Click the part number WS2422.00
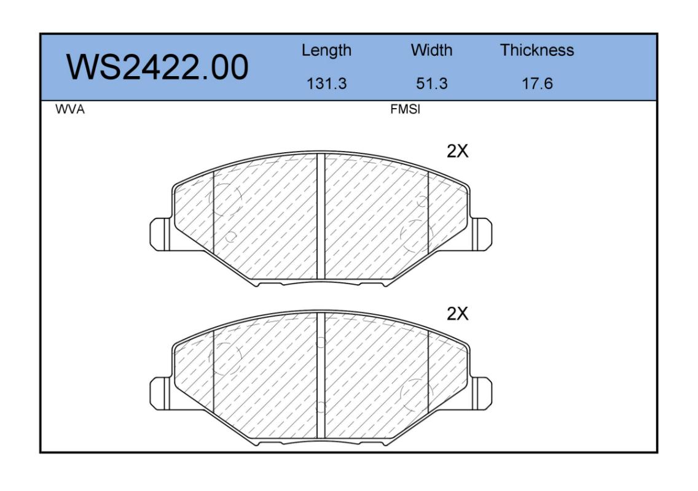point(157,67)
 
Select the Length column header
point(326,50)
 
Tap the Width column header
point(431,50)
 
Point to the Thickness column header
point(537,50)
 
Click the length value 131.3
point(326,83)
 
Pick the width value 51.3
point(431,83)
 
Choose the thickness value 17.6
point(537,83)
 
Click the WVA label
point(70,109)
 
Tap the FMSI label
point(405,109)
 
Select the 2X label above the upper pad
point(457,151)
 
